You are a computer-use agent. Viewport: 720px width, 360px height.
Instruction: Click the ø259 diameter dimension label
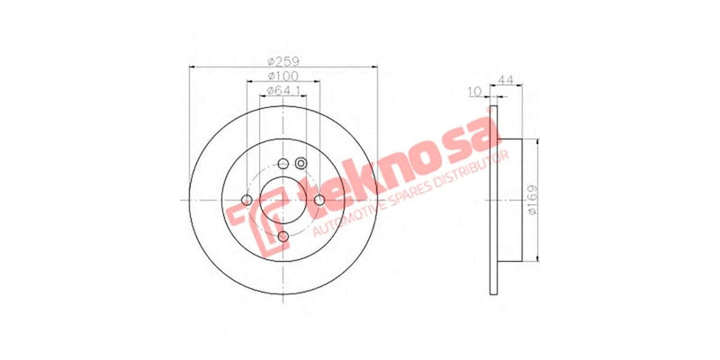pos(283,61)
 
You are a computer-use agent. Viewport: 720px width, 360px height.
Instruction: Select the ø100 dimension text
pos(283,76)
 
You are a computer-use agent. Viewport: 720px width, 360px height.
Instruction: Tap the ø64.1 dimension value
pos(283,91)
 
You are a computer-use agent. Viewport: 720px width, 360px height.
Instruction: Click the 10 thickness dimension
pos(473,91)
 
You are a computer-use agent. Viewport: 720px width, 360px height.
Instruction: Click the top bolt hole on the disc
pos(283,164)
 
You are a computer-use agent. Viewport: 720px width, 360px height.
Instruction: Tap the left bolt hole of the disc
pos(247,200)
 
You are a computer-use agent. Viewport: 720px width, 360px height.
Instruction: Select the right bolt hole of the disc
pos(319,200)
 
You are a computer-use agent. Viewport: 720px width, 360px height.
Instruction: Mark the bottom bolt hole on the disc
pos(283,236)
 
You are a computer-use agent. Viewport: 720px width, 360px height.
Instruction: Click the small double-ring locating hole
pos(301,163)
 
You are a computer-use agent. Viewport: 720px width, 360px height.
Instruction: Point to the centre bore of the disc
pos(283,200)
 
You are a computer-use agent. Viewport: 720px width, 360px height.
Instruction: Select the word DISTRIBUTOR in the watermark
pos(472,171)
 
